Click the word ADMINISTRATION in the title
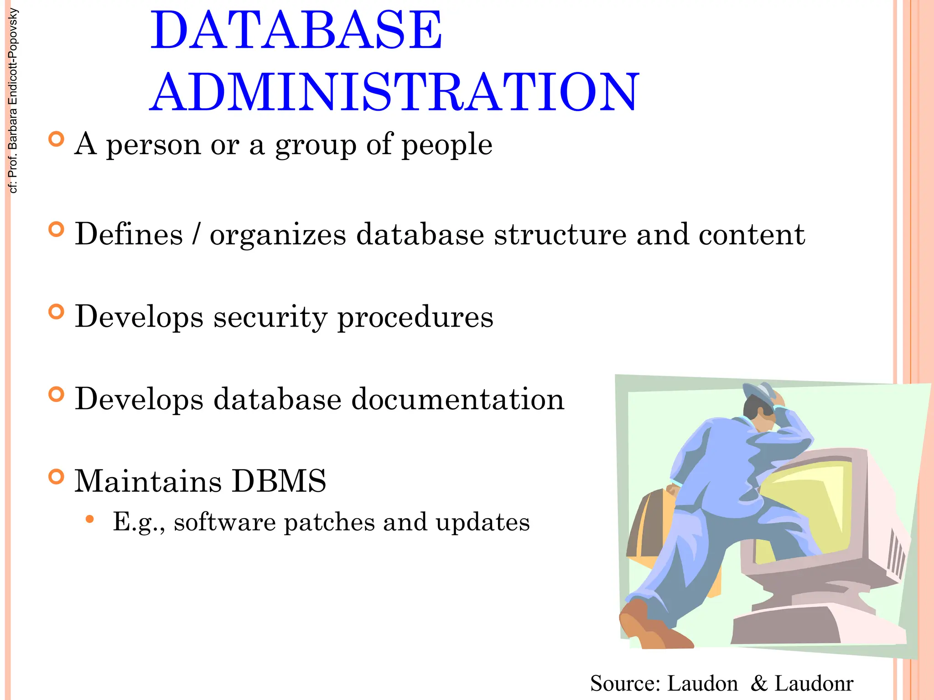pyautogui.click(x=394, y=93)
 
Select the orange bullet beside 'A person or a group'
pyautogui.click(x=56, y=139)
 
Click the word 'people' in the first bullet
pyautogui.click(x=446, y=145)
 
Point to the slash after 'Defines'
pyautogui.click(x=196, y=234)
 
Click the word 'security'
pyautogui.click(x=270, y=317)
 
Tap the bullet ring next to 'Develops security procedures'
pyautogui.click(x=56, y=312)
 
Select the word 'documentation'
pyautogui.click(x=457, y=399)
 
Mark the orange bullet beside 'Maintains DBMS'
pyautogui.click(x=56, y=477)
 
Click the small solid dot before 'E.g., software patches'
pyautogui.click(x=90, y=519)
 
